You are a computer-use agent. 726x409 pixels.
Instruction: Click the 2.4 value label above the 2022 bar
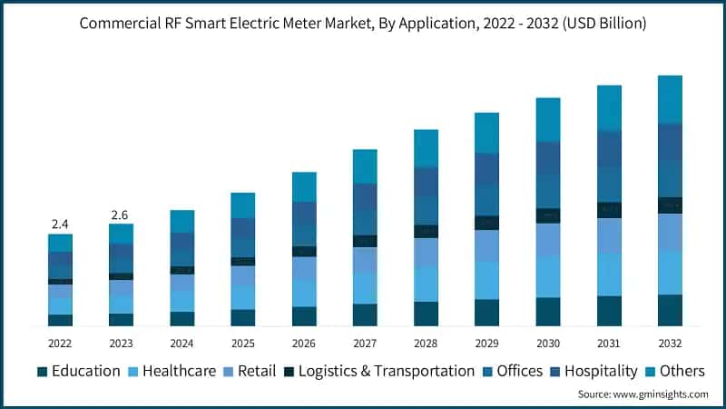coord(60,224)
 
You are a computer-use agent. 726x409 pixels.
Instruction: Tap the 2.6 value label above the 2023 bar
coord(120,214)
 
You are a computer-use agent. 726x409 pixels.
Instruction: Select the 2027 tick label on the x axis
coord(364,344)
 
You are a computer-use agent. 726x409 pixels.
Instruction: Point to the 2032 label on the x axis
coord(670,344)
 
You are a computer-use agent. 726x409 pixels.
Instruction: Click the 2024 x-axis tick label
coord(181,344)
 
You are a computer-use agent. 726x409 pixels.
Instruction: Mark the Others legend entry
coord(676,371)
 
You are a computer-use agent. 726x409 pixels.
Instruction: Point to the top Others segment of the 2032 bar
coord(670,98)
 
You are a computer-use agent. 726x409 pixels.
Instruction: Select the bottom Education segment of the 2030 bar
coord(548,311)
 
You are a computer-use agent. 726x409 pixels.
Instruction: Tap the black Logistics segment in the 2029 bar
coord(486,223)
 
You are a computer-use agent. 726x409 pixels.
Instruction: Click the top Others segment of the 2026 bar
coord(304,186)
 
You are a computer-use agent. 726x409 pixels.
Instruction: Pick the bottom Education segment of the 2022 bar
coord(60,320)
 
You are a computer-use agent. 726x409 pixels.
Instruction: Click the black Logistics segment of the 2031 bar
coord(609,210)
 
